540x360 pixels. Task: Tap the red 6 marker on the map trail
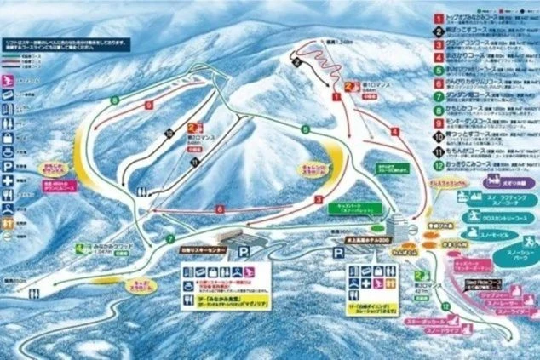pyautogui.click(x=219, y=209)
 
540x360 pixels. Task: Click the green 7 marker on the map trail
pyautogui.click(x=169, y=238)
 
